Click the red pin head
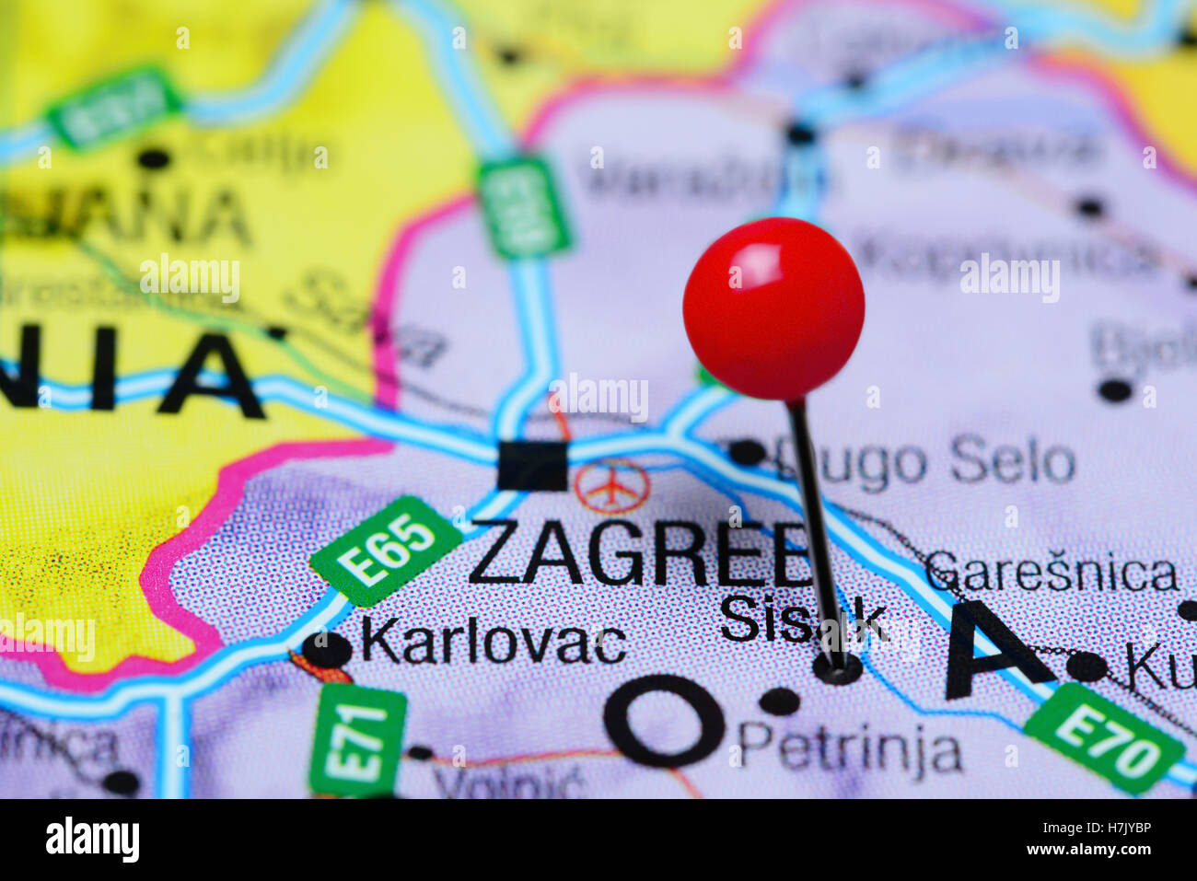click(773, 308)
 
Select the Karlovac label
click(494, 642)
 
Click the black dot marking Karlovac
click(327, 650)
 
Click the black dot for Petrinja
click(780, 701)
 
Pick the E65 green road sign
click(386, 551)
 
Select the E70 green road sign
click(1103, 737)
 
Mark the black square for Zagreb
click(532, 466)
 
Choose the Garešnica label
click(1052, 573)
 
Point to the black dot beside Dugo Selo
click(746, 452)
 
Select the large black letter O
click(665, 720)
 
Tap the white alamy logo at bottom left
click(92, 840)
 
